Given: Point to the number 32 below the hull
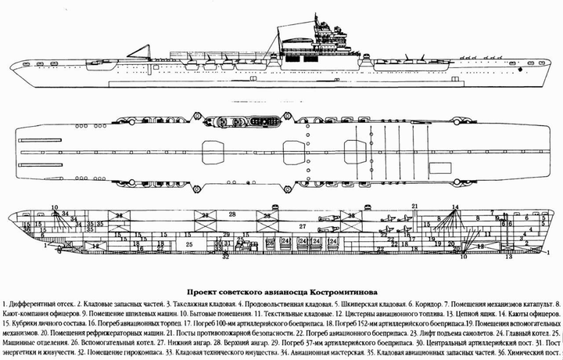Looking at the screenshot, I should click(x=226, y=256).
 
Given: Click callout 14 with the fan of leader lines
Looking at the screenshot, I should click(x=454, y=207).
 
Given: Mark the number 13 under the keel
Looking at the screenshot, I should click(x=509, y=256).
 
